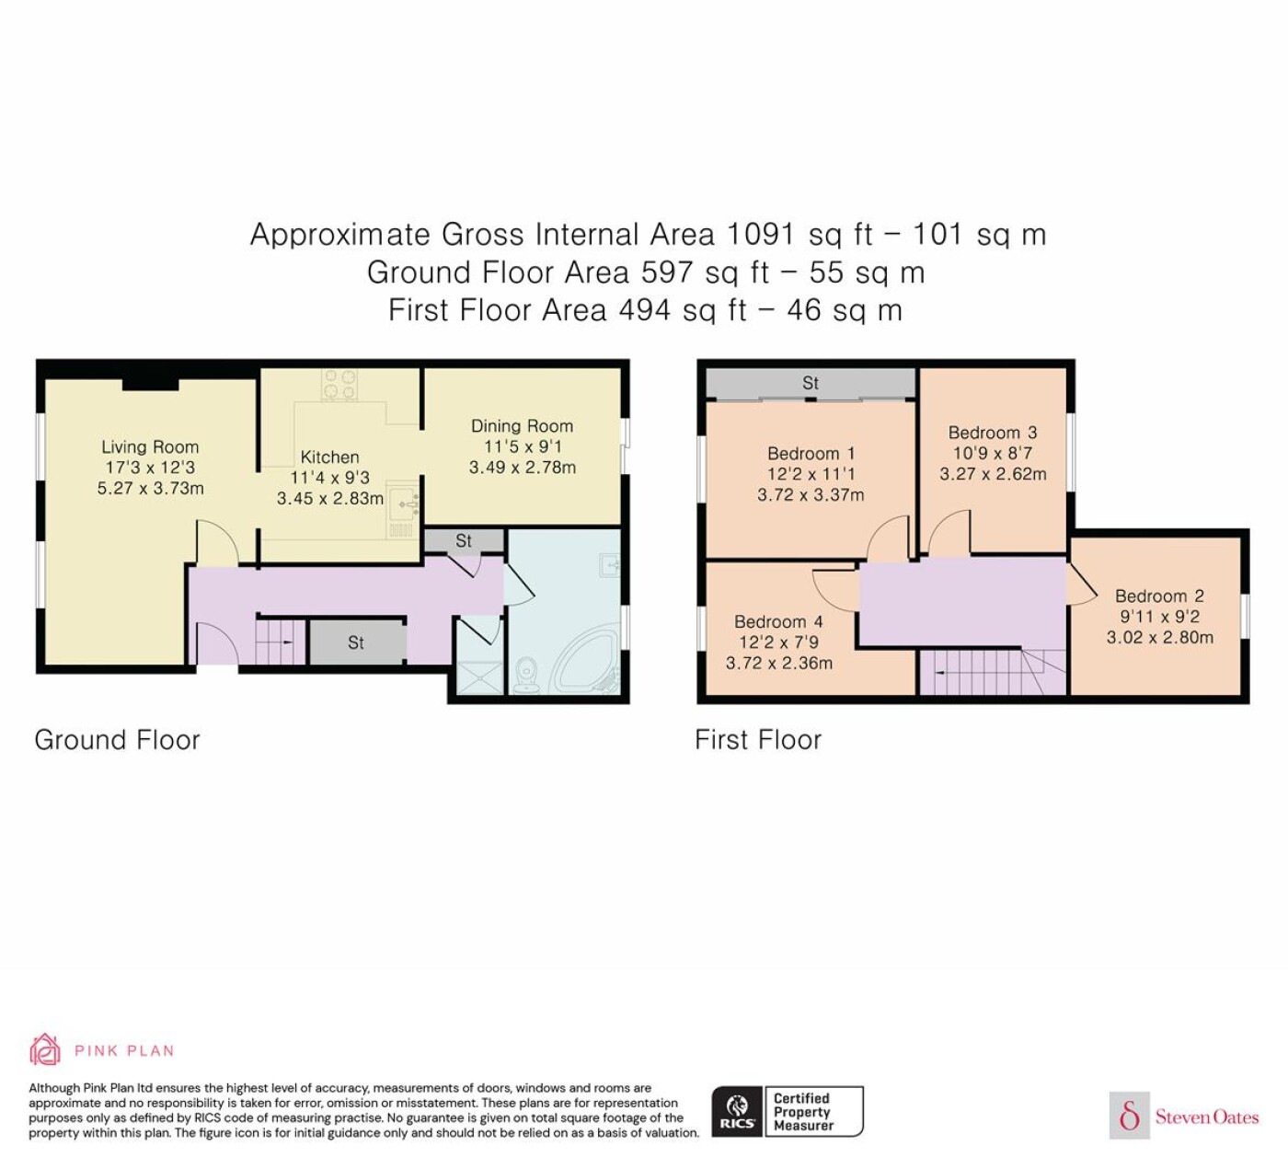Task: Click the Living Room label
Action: pyautogui.click(x=150, y=447)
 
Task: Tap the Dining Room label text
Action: pyautogui.click(x=522, y=426)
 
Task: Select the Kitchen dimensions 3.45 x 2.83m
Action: pyautogui.click(x=330, y=498)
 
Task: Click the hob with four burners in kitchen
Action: pyautogui.click(x=339, y=385)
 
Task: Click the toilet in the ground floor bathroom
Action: pyautogui.click(x=527, y=676)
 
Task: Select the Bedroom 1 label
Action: pyautogui.click(x=811, y=454)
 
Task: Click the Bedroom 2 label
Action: pyautogui.click(x=1159, y=596)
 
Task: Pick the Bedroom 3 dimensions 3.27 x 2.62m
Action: pyautogui.click(x=993, y=474)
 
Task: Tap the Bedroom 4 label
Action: pyautogui.click(x=778, y=621)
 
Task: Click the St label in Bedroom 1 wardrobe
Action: pyautogui.click(x=811, y=383)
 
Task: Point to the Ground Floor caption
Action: pyautogui.click(x=117, y=740)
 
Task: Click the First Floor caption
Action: pyautogui.click(x=758, y=740)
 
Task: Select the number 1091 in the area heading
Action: pyautogui.click(x=761, y=234)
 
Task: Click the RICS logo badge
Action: pyautogui.click(x=738, y=1112)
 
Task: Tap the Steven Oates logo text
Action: pyautogui.click(x=1207, y=1117)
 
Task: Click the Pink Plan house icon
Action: pyautogui.click(x=45, y=1051)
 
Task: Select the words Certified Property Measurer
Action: pyautogui.click(x=802, y=1112)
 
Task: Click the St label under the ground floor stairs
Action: pyautogui.click(x=356, y=642)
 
